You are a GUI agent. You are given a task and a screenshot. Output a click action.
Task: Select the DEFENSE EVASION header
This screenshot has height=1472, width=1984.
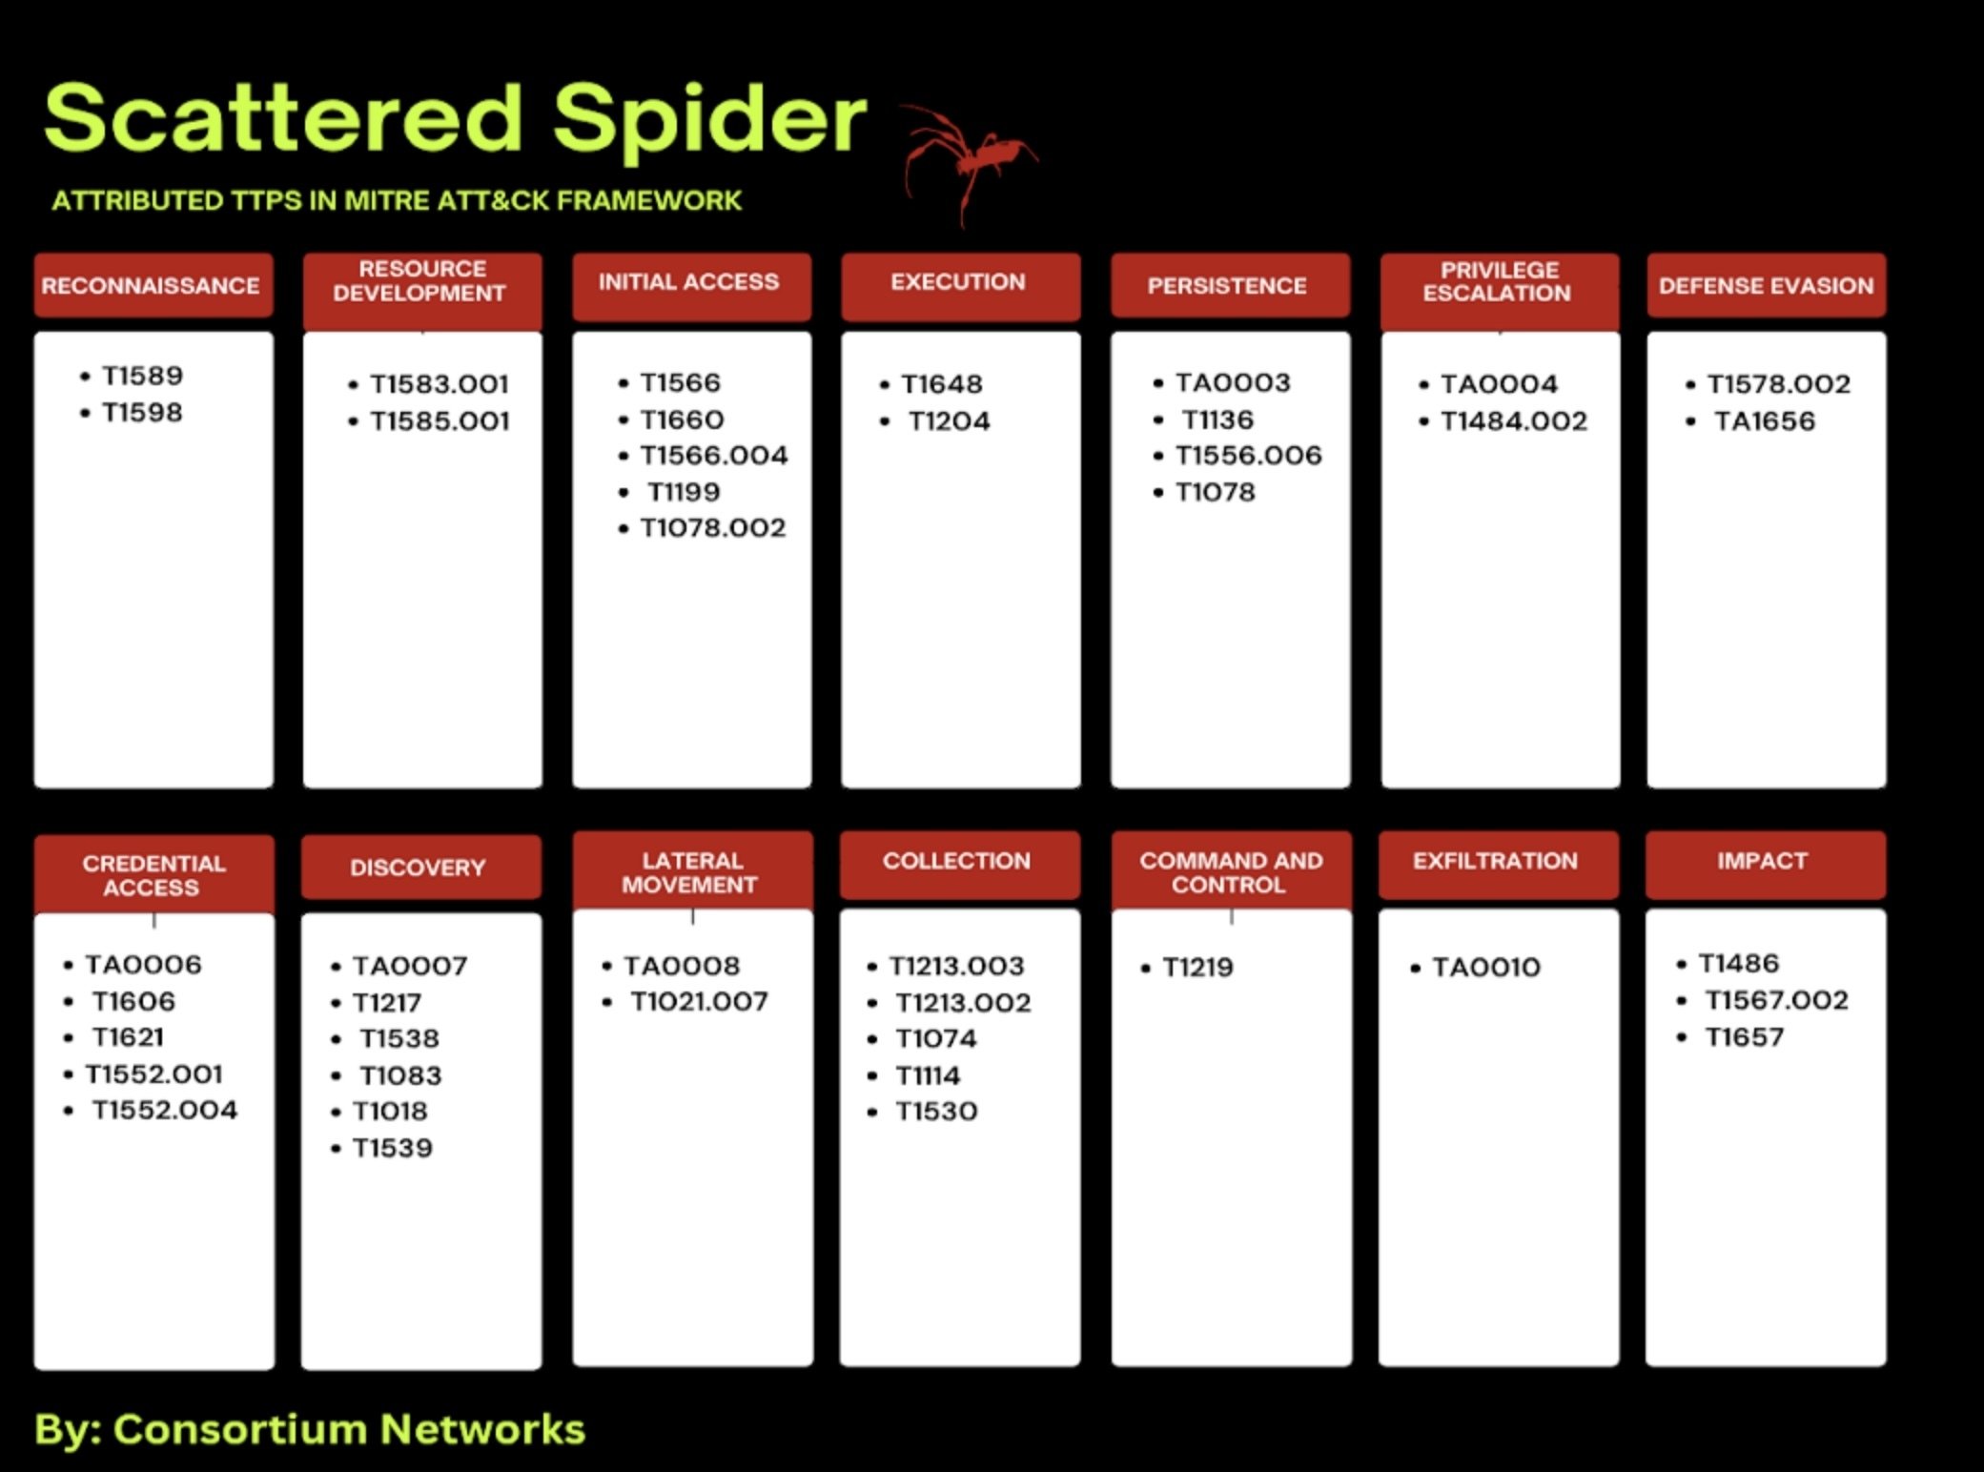click(1766, 285)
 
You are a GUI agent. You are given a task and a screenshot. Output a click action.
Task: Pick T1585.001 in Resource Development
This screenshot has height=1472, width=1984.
click(440, 420)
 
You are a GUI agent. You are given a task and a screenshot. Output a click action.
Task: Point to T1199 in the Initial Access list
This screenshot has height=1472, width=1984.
click(683, 492)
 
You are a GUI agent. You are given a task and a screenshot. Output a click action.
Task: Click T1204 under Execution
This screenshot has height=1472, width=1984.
click(949, 420)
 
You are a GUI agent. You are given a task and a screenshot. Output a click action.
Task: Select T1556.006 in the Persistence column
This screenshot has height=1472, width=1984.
click(1248, 456)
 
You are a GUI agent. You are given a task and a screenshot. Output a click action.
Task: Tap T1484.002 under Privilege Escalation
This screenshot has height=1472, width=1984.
click(1513, 420)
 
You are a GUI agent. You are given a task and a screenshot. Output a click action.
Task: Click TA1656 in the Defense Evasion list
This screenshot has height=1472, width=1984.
click(1764, 420)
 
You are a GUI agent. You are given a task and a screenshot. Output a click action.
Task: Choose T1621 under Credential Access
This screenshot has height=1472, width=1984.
click(128, 1037)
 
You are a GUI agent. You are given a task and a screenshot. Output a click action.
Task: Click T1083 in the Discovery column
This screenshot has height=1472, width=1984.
click(400, 1075)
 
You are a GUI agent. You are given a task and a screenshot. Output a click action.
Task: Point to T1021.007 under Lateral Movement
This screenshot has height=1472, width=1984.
click(699, 1002)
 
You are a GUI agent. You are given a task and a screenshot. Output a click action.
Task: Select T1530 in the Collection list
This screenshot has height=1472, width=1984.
click(935, 1112)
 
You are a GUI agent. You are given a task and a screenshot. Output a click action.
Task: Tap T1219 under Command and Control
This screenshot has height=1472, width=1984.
click(1197, 968)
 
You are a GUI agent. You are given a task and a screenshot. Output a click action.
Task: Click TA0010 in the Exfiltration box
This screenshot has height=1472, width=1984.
click(1485, 968)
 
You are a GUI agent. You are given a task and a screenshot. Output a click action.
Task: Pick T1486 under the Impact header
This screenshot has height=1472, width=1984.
click(1738, 964)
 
